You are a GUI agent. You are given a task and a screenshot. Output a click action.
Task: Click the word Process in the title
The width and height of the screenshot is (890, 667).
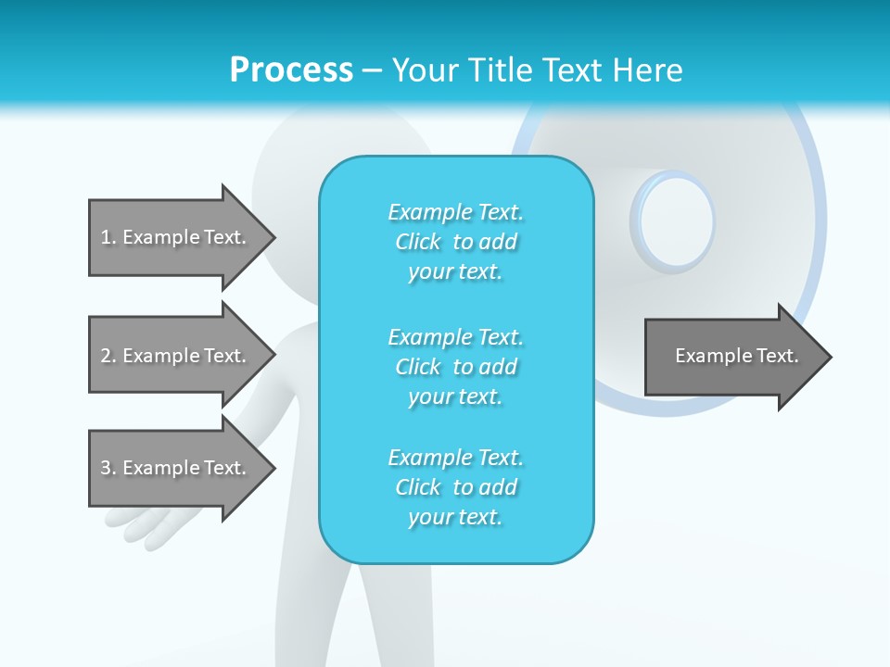(291, 70)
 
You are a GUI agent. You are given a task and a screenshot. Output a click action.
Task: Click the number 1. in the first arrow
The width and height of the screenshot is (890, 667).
(108, 237)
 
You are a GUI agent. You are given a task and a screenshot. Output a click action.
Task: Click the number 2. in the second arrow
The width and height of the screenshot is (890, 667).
(108, 356)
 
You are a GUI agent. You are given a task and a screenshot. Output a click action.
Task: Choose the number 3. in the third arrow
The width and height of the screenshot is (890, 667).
(108, 468)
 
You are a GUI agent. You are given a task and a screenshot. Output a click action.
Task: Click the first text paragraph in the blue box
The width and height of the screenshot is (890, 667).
(455, 242)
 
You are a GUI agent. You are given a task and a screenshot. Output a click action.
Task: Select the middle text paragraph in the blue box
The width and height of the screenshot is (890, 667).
(455, 367)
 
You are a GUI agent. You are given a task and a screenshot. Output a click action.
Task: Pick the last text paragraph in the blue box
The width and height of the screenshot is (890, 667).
(455, 487)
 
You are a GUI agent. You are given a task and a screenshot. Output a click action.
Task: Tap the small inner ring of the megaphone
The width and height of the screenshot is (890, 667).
(674, 221)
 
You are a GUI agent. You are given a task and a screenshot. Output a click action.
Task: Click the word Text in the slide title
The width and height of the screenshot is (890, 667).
(574, 70)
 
